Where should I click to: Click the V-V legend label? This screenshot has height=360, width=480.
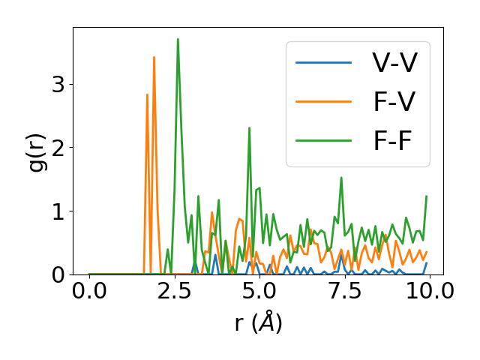[394, 62]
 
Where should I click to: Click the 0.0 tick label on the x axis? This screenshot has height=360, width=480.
[89, 292]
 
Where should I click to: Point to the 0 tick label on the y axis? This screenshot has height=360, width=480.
[58, 275]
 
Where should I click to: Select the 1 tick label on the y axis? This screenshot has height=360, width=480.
[58, 211]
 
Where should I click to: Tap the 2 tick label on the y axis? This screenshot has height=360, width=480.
[58, 148]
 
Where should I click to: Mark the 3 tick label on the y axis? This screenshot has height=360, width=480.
[58, 84]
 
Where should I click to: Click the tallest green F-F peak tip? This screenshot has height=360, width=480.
[178, 39]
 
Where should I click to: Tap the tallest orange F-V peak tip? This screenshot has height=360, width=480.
[154, 57]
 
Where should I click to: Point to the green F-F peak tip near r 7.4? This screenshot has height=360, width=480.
[341, 178]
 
